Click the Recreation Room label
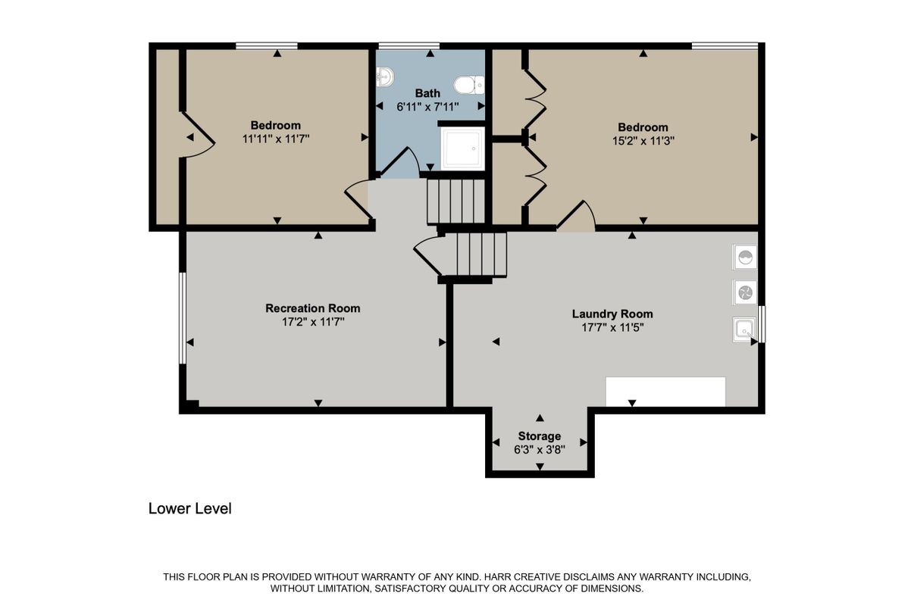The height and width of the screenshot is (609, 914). tap(312, 308)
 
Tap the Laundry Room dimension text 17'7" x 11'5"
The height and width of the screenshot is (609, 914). tap(612, 327)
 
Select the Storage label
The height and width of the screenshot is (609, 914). tap(539, 436)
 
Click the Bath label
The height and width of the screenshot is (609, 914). tap(427, 93)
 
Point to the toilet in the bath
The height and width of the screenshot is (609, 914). tap(468, 83)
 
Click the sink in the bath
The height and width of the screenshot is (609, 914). tap(384, 76)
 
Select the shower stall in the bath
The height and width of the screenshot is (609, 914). tap(462, 148)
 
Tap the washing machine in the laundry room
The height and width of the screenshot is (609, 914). tap(745, 258)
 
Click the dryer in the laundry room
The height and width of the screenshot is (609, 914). tap(745, 292)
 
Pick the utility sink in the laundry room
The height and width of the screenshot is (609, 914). tap(744, 329)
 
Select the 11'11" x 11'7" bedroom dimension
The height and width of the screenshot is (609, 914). tap(276, 138)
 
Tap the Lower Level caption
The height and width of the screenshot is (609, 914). tap(189, 508)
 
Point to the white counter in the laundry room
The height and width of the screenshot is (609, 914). tap(665, 392)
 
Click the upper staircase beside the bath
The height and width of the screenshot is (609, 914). tap(455, 201)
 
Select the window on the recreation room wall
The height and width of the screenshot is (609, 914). tap(183, 318)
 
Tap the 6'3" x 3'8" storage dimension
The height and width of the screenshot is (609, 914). tap(539, 448)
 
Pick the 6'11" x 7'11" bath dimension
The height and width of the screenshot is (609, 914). tap(427, 107)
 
